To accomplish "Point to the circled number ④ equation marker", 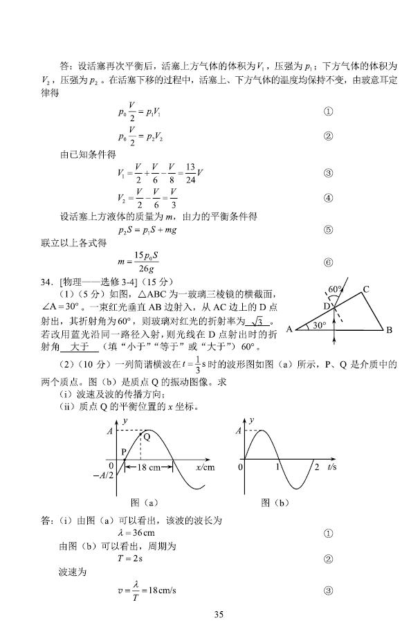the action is (x=328, y=198).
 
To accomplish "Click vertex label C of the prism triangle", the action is (x=366, y=290).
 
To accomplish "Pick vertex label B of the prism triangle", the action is (x=389, y=330).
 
